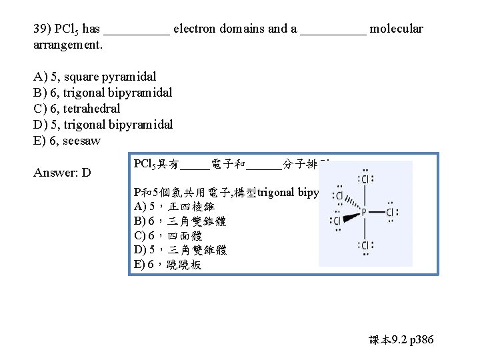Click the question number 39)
41,29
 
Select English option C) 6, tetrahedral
77,108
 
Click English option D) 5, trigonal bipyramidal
103,124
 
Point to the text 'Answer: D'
62,173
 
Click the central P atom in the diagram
364,212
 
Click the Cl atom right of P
390,212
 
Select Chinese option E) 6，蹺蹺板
167,265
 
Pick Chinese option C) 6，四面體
167,235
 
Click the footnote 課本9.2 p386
401,340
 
